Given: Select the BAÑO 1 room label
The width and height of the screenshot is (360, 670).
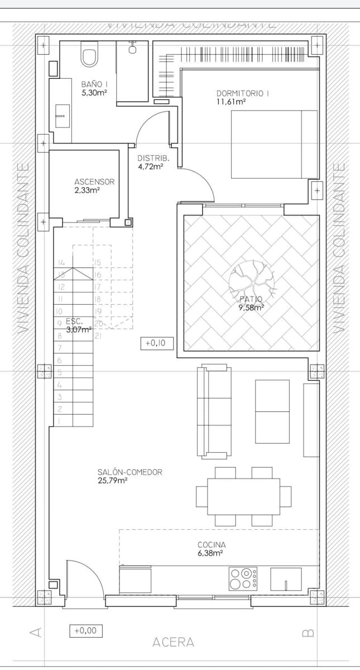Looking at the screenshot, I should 94,84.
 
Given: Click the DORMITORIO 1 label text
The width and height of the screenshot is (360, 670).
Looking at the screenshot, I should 242,93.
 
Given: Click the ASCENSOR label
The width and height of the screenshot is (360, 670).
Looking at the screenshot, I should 94,181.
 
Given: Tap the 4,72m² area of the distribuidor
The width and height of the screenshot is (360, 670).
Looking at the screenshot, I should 150,166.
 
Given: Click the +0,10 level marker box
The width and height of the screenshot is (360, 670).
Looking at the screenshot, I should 157,344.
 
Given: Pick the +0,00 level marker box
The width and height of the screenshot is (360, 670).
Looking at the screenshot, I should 85,630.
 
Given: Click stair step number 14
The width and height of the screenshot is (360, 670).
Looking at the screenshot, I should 61,262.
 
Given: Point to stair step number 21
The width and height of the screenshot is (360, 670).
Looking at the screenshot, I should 98,336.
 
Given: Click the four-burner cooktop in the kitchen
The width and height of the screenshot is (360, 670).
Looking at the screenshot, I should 243,578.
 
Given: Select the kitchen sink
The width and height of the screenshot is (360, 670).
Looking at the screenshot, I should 286,580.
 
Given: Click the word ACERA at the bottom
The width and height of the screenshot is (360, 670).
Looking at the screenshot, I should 173,643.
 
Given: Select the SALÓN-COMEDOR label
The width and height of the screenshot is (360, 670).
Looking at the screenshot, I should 129,472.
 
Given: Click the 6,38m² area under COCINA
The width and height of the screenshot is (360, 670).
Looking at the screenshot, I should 210,553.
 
